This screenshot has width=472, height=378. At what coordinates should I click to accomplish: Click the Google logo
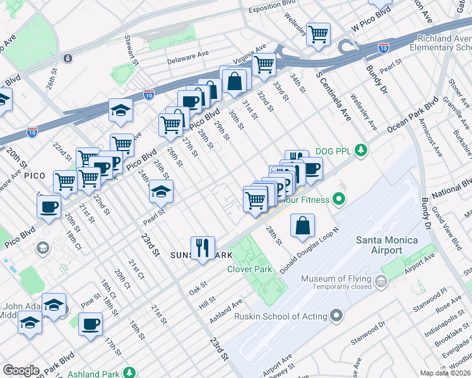pos(21,370)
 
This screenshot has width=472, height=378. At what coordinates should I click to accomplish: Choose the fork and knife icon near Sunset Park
pos(203,248)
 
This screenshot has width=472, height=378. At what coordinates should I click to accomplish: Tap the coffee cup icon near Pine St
pos(90,324)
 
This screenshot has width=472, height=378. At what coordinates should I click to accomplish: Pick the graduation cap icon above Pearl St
pos(161,191)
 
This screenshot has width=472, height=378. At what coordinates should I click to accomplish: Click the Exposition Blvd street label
pos(272,9)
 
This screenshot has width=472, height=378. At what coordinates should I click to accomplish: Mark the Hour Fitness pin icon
pos(339,200)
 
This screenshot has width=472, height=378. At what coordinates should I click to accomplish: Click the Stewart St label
pos(134,45)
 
